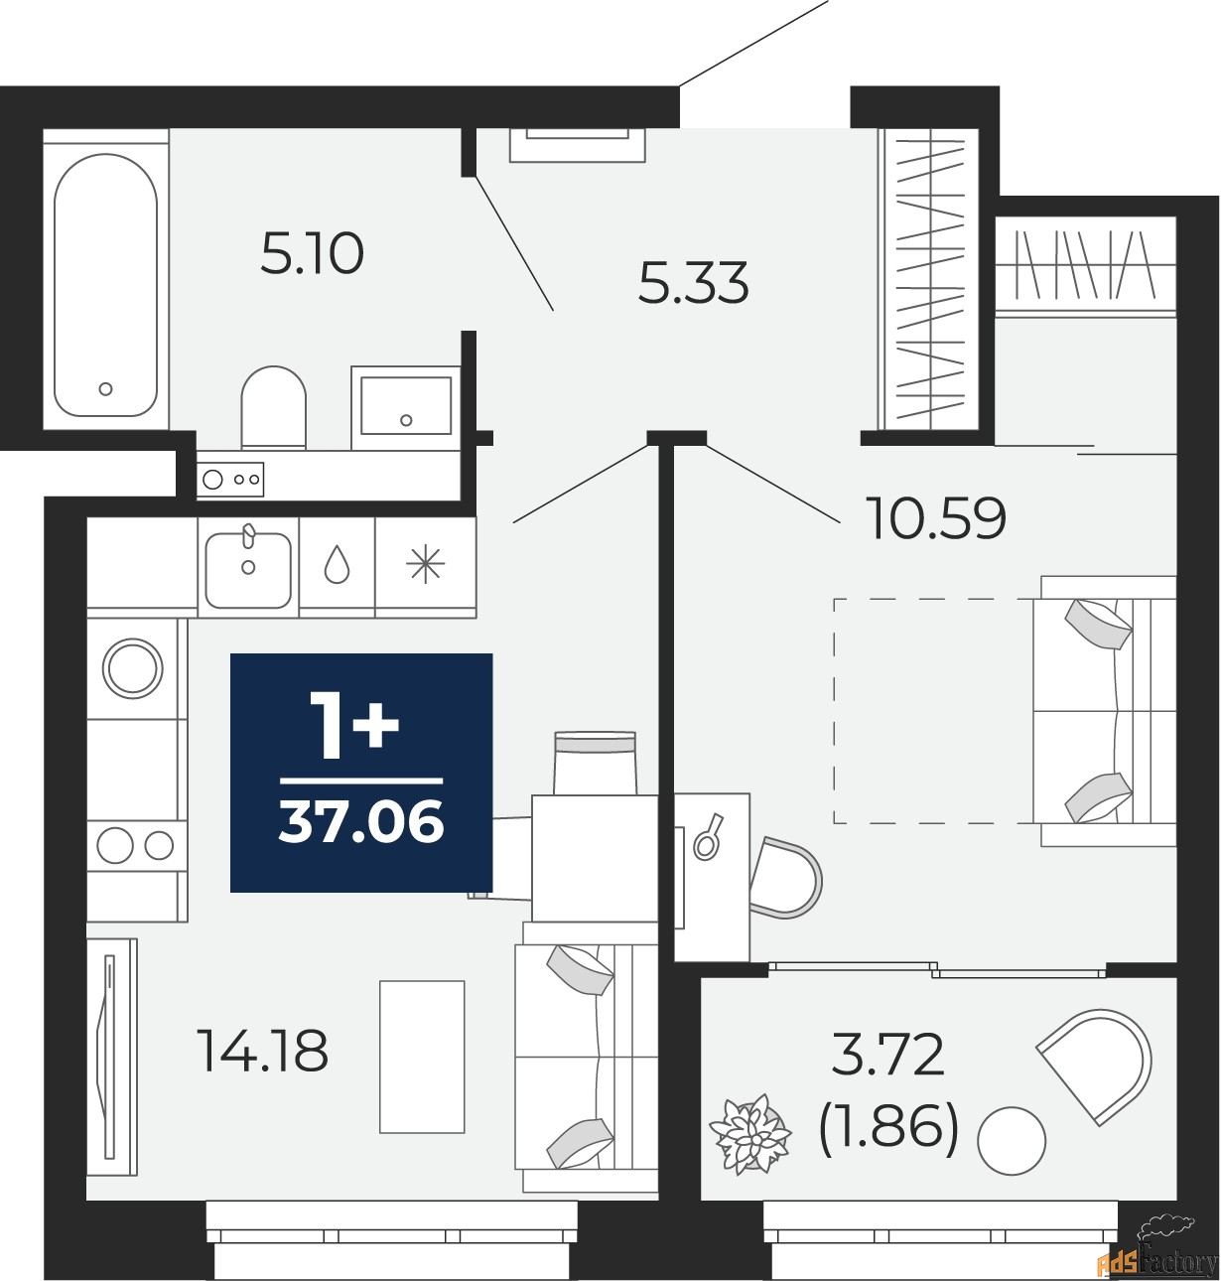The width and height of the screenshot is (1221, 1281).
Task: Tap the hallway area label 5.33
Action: [693, 283]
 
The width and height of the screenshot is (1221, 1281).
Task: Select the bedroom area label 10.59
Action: [936, 517]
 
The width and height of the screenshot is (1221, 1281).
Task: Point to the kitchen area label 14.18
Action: [263, 1051]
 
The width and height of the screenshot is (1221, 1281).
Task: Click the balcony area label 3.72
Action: [887, 1055]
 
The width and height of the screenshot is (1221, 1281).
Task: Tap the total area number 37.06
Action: [361, 823]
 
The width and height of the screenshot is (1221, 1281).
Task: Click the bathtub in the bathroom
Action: [105, 285]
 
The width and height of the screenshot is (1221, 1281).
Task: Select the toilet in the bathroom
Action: [273, 406]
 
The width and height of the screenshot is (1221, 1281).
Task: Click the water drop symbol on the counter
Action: [338, 565]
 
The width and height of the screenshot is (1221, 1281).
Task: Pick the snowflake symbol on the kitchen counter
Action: [426, 565]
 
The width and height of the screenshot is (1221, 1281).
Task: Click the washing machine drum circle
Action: [134, 666]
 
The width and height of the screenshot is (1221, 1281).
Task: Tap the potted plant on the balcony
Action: [750, 1133]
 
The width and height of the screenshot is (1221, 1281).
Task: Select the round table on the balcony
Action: [1012, 1141]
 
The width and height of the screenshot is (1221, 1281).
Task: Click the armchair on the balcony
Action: [1098, 1064]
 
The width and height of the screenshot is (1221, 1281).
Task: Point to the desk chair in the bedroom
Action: [786, 878]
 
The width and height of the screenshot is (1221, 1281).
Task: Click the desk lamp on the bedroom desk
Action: [709, 837]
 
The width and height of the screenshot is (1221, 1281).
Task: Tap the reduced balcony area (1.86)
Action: [888, 1127]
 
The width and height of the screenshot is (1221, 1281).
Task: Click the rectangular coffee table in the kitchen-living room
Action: [423, 1057]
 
